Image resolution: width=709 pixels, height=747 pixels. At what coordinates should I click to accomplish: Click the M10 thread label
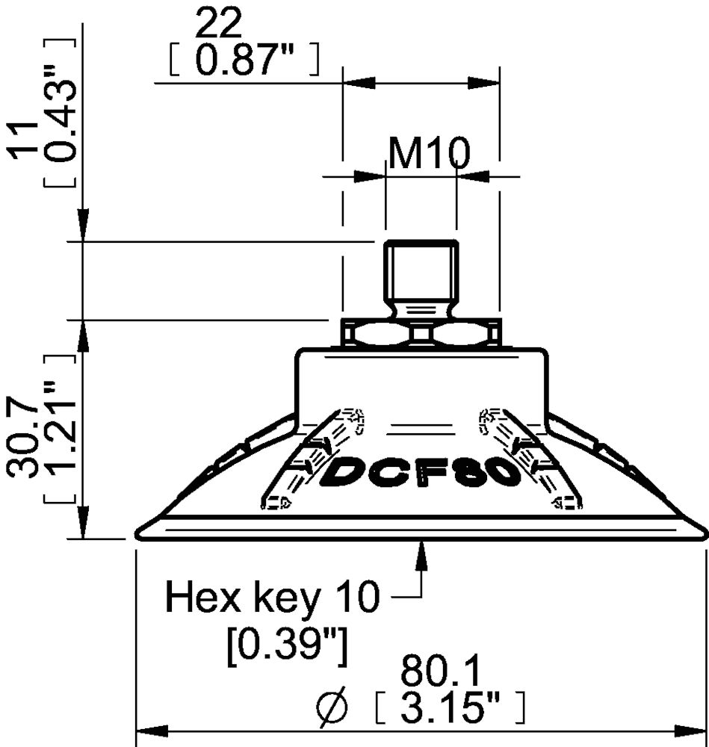tap(430, 152)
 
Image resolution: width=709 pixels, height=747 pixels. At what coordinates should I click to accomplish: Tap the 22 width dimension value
tap(219, 24)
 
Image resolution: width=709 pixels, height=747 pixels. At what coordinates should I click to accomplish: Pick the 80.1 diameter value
tap(441, 672)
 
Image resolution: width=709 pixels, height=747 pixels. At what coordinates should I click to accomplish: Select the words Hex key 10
tap(272, 596)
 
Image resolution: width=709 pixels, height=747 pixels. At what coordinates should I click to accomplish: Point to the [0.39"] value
tap(287, 647)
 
